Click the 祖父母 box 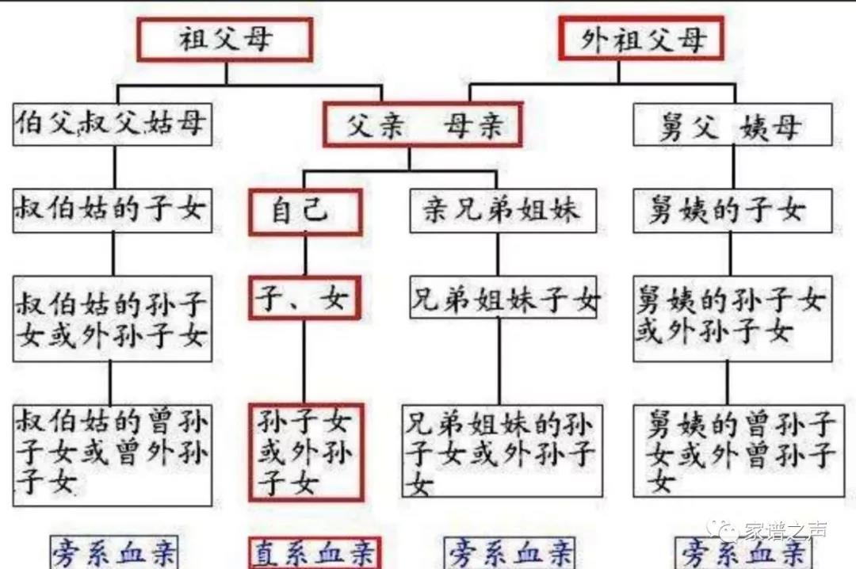(225, 40)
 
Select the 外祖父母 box (641, 38)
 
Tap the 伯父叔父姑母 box (113, 124)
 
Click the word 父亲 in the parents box (376, 125)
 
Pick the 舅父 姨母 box (732, 124)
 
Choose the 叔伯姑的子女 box (113, 210)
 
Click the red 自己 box (306, 212)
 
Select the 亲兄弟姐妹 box (503, 210)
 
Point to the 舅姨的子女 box (732, 210)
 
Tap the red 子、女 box (304, 298)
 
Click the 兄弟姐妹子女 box (503, 297)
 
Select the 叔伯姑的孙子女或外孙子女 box (113, 319)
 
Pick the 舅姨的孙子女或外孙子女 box (732, 319)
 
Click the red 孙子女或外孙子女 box (306, 453)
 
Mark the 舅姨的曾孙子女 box (739, 451)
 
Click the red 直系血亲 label (315, 552)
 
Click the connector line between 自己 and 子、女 (305, 256)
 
